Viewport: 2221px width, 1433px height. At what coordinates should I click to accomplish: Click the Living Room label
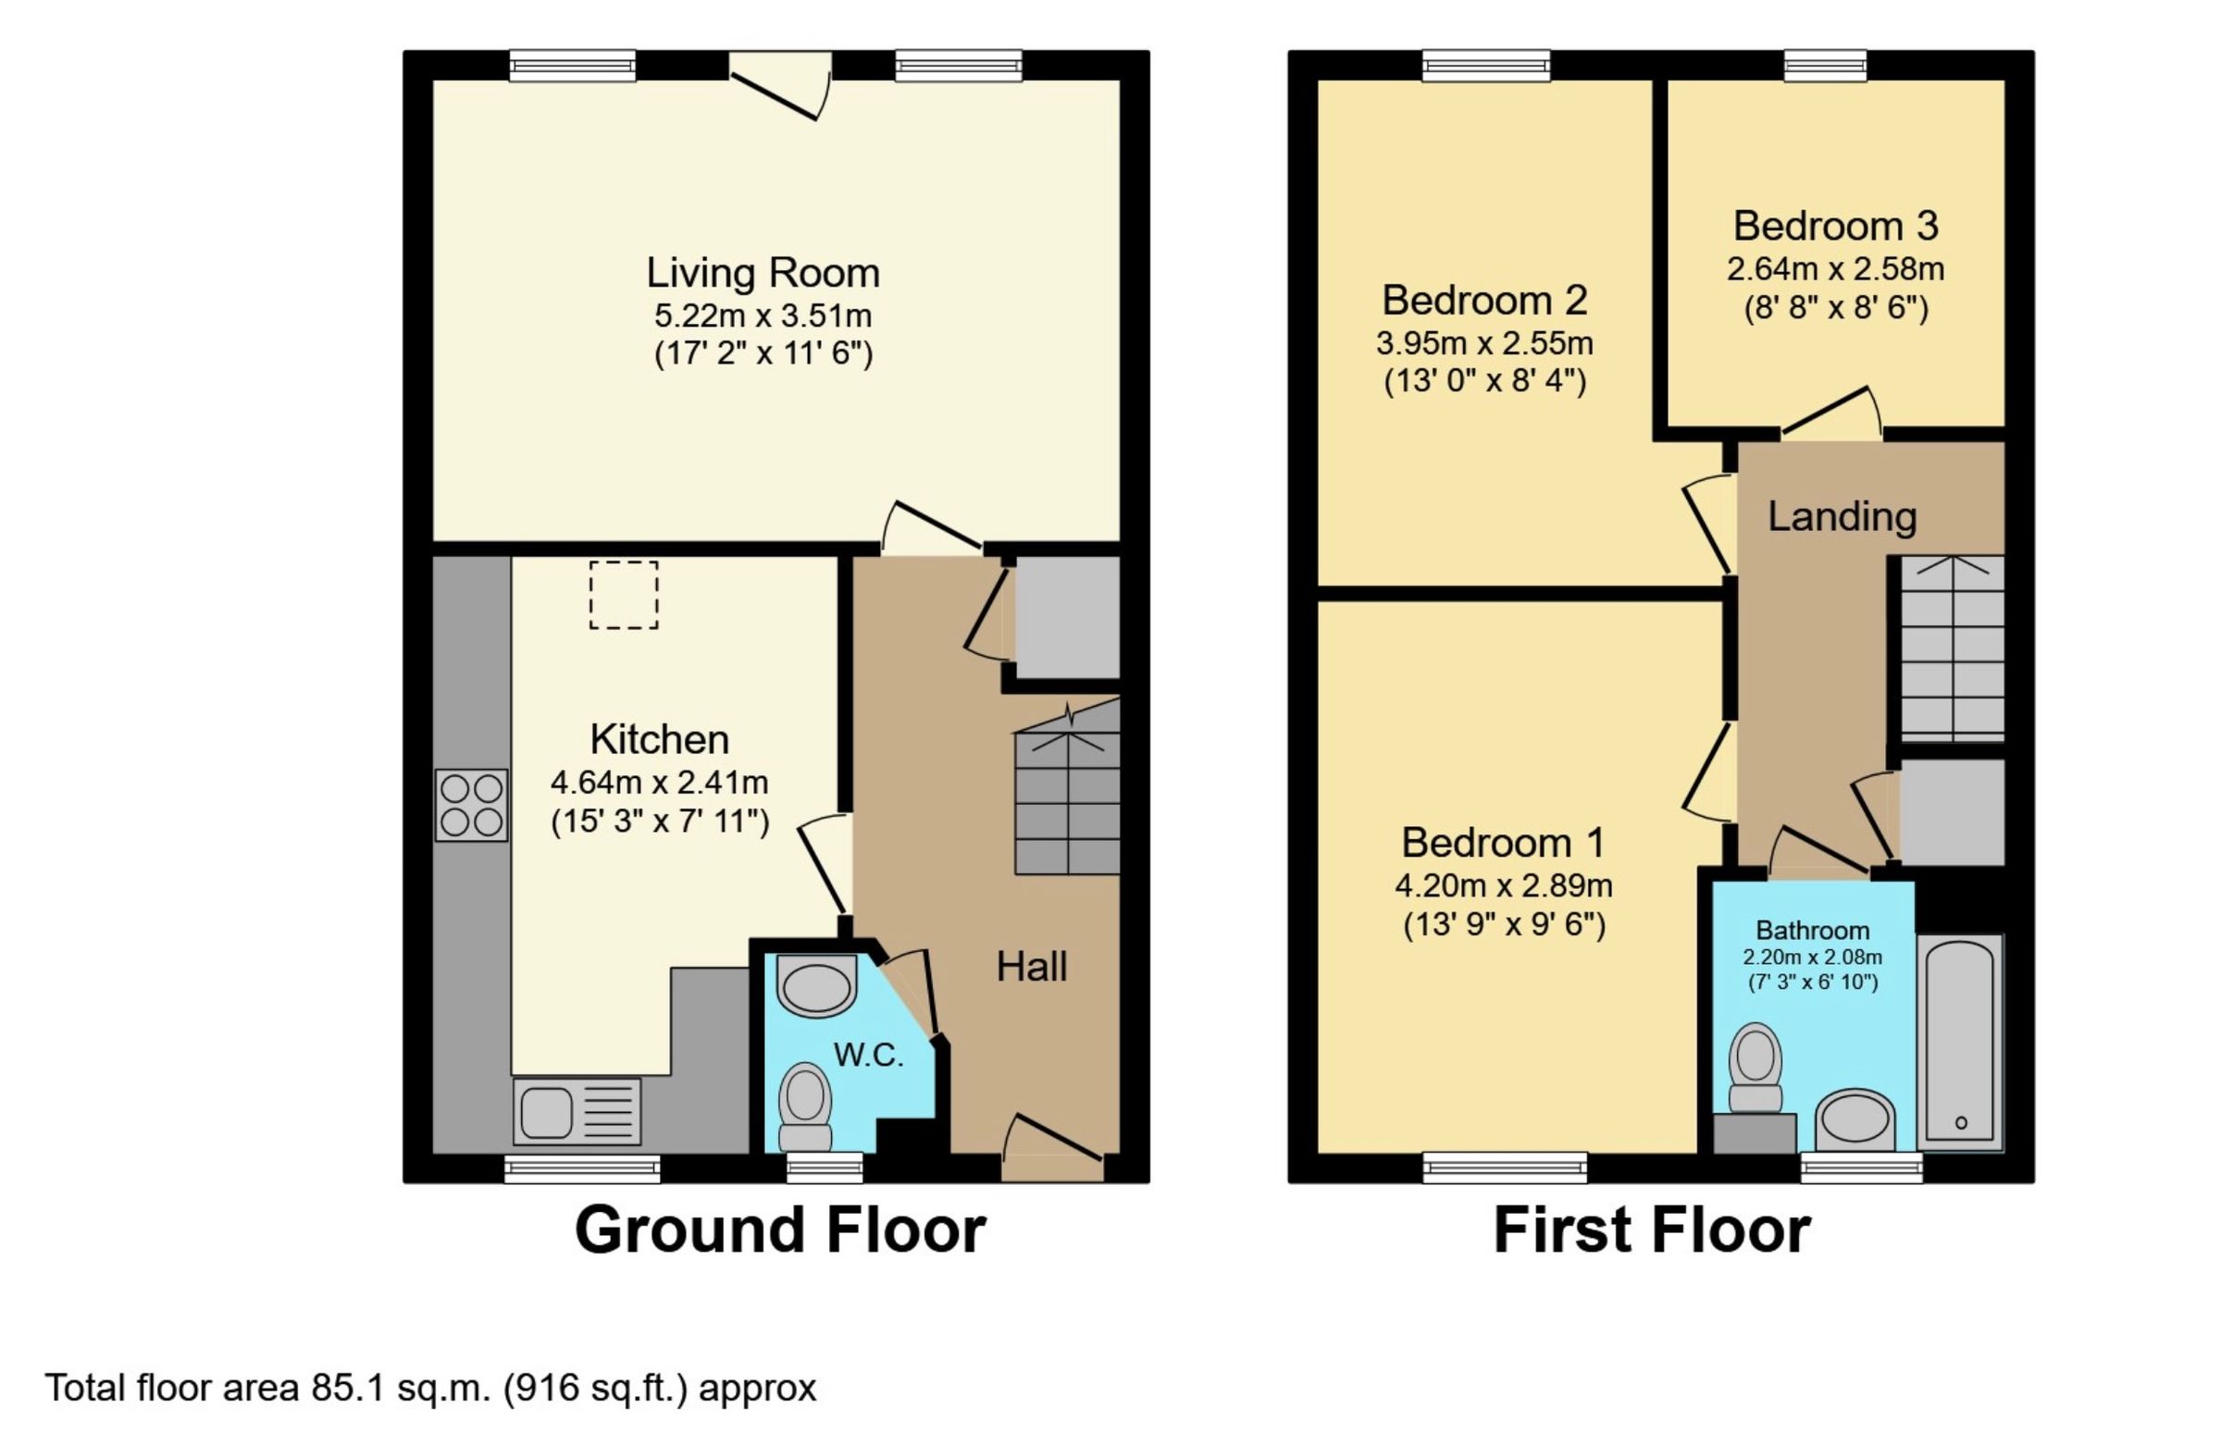coord(763,273)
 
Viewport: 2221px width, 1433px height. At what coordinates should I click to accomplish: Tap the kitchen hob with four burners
coord(471,805)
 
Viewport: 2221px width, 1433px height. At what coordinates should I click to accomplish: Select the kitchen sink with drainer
coord(577,1111)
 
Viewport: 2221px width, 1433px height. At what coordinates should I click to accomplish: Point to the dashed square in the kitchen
coord(624,595)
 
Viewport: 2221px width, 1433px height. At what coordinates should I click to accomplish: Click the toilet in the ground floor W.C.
coord(805,1106)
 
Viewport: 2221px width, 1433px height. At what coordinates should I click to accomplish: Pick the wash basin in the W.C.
coord(816,984)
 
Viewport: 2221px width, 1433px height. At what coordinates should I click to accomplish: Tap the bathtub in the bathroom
coord(1959,1042)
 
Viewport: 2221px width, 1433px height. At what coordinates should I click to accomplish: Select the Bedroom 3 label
coord(1836,225)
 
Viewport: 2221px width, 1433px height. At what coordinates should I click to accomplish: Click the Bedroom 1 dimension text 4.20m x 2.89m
coord(1503,885)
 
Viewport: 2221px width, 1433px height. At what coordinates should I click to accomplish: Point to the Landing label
coord(1843,516)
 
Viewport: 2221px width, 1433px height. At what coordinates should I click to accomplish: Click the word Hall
coord(1032,967)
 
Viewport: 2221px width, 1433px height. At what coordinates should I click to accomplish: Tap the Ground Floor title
coord(780,1230)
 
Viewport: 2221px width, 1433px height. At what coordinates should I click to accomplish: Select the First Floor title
coord(1652,1230)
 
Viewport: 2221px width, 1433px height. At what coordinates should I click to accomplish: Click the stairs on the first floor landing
coord(1952,649)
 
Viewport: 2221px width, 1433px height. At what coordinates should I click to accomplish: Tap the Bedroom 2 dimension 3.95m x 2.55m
coord(1484,343)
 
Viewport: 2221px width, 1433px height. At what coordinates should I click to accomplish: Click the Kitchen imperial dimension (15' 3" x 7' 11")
coord(660,822)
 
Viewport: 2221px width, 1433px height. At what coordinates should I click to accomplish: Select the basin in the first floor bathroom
coord(1855,1119)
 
